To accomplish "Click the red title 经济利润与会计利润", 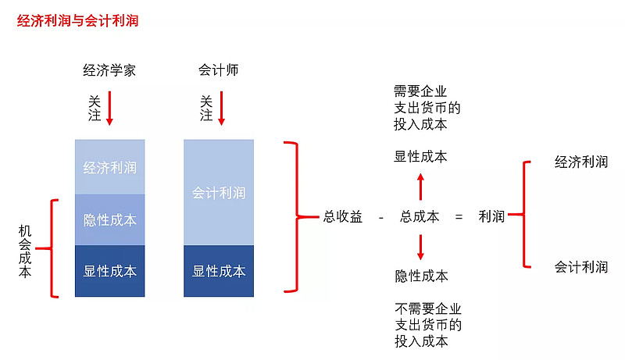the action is coord(77,21).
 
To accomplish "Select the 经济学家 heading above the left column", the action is coord(109,70).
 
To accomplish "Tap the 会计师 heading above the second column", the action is coord(219,70).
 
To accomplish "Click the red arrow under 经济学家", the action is coord(109,109).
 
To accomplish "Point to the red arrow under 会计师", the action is coord(221,109).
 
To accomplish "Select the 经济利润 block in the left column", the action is coord(109,167).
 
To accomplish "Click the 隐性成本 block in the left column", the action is coord(109,219).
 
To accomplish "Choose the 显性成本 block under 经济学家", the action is coord(109,271).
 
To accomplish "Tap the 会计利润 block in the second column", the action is coord(219,192).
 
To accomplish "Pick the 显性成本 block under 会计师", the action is coord(219,271).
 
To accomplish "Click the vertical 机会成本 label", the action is coord(25,251).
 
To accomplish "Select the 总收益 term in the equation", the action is coord(343,216).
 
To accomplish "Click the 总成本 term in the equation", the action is coord(420,216).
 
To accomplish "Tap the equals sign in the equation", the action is coord(459,217).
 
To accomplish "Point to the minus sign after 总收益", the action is coord(381,217).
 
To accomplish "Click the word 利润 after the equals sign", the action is coord(491,216).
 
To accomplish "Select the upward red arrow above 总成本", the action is coord(420,187).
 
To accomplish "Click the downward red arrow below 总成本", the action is coord(420,248).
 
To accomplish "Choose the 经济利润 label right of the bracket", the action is coord(581,162).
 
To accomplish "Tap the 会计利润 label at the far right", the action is coord(581,267).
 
